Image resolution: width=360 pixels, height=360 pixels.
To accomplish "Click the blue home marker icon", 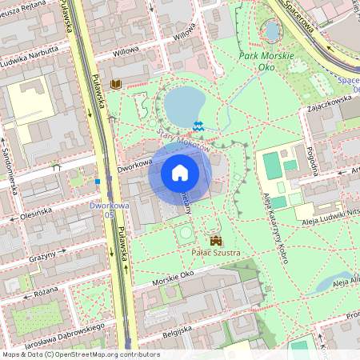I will pos(180,173).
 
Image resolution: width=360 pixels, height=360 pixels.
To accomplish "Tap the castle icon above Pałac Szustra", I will pos(215,240).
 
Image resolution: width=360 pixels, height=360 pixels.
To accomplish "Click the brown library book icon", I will pos(116,83).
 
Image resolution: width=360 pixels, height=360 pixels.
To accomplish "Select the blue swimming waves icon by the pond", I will pos(198,126).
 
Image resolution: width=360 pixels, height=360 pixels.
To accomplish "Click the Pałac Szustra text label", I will pos(215,253).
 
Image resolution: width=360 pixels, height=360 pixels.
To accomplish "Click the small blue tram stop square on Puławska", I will pos(98,182).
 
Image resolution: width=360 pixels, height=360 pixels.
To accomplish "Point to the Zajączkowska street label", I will pos(323,106).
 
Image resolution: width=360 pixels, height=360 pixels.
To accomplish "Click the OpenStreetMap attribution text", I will pos(80,354).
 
